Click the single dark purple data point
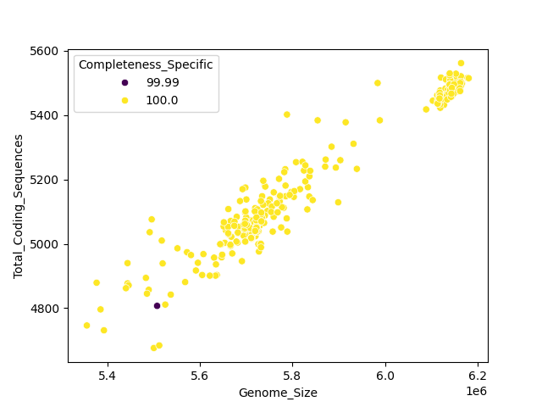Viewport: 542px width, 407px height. coord(157,306)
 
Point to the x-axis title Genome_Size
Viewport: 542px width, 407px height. coord(278,393)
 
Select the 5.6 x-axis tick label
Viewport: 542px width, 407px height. coord(201,376)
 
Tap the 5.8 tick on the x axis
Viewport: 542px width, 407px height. coord(293,376)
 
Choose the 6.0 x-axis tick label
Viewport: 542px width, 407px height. coord(385,376)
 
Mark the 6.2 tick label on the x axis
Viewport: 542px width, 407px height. coord(478,376)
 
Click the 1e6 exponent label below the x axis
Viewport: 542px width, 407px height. coord(476,391)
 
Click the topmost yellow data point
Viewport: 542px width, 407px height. coord(461,64)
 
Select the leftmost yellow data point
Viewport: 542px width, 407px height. coord(86,326)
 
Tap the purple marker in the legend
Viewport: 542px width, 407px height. coord(125,82)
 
